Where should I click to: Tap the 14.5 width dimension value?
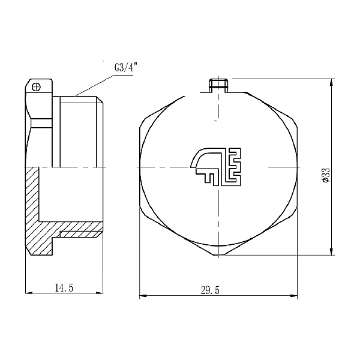point(64,289)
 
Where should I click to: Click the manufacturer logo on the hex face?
point(215,166)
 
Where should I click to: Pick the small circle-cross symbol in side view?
point(37,86)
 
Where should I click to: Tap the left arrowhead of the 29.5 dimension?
point(142,296)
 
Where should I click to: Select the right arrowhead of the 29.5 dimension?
point(295,296)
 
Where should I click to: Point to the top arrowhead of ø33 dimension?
point(332,82)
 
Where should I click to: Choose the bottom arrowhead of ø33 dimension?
point(332,252)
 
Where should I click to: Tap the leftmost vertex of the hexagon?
point(139,166)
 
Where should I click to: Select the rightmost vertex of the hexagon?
point(298,166)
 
